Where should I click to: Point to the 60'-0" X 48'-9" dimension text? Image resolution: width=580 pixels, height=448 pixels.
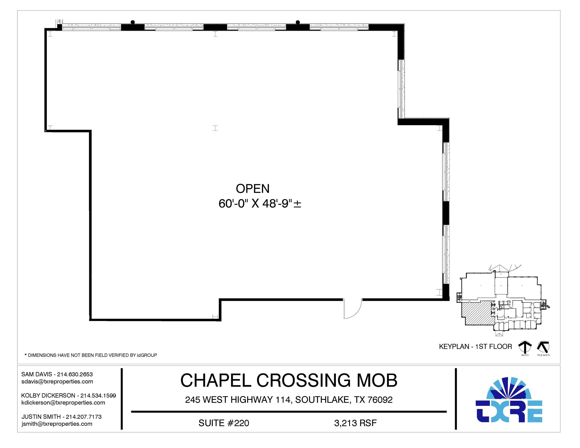pos(260,204)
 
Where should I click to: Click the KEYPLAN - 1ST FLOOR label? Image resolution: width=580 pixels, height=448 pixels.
pos(475,347)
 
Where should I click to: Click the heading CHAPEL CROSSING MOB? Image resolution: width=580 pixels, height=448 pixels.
pos(289,380)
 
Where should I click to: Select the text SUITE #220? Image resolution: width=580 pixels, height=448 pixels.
pos(224,423)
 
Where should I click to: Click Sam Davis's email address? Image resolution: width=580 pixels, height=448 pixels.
pos(57,382)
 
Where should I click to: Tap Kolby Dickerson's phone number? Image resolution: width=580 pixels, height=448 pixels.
pos(98,395)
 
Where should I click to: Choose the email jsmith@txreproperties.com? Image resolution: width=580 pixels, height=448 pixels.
pos(57,424)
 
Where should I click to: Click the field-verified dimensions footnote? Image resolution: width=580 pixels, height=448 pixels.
pos(91,355)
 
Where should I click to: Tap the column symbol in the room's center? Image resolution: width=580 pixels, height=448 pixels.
pos(215,128)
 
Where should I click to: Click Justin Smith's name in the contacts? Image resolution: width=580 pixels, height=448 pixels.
pos(41,417)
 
